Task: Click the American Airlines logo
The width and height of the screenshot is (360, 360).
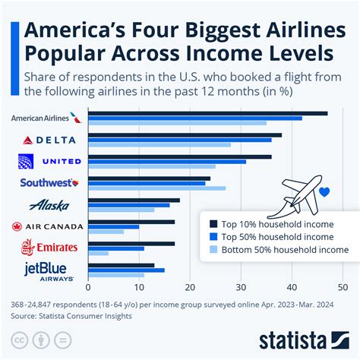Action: [45, 118]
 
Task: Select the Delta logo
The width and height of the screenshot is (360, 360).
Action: [49, 140]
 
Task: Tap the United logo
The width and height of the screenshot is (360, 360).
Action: [49, 161]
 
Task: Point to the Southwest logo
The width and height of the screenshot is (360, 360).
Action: [46, 182]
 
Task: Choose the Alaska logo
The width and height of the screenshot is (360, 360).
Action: [49, 204]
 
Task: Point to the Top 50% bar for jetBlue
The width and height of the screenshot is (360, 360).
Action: [126, 270]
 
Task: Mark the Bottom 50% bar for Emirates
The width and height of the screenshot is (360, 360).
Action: [98, 253]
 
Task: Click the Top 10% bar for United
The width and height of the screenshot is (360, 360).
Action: [179, 156]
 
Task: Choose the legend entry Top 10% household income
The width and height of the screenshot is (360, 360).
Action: [277, 223]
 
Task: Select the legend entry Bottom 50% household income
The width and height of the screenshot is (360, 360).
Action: [277, 249]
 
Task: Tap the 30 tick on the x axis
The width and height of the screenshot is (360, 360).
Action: [241, 289]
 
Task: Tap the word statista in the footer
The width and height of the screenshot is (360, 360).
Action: [292, 338]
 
